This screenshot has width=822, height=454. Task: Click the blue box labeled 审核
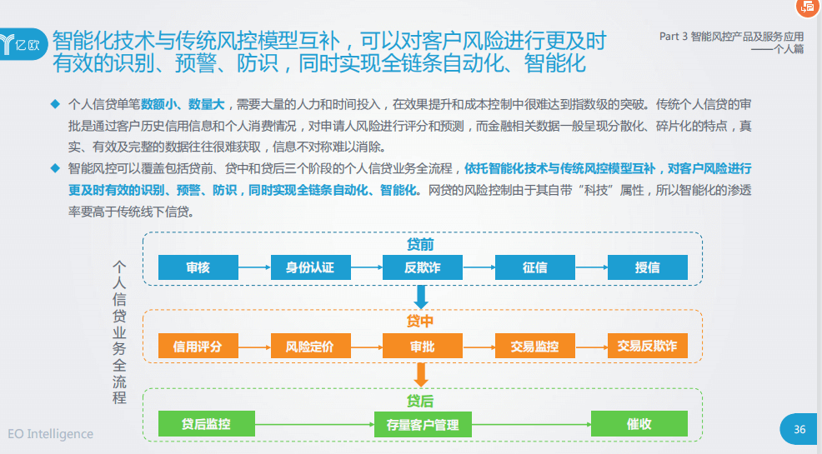[x=198, y=267]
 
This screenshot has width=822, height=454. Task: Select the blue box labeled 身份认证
[x=310, y=267]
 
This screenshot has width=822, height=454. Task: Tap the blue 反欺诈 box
[x=422, y=267]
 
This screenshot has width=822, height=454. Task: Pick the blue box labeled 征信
[x=534, y=267]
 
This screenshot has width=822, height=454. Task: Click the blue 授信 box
[x=647, y=267]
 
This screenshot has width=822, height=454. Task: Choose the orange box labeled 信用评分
[x=198, y=347]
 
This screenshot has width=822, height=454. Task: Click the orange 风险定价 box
[x=310, y=347]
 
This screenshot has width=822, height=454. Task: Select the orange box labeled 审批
[x=422, y=347]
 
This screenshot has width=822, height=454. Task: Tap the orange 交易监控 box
[x=534, y=347]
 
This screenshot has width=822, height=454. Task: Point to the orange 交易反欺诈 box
[x=647, y=347]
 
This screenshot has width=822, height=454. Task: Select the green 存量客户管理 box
[x=423, y=425]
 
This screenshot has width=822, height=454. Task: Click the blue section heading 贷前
[x=419, y=245]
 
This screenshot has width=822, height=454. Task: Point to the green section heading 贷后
[x=419, y=401]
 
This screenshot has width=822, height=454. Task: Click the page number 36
[x=799, y=429]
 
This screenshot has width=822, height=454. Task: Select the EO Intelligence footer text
[x=50, y=434]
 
